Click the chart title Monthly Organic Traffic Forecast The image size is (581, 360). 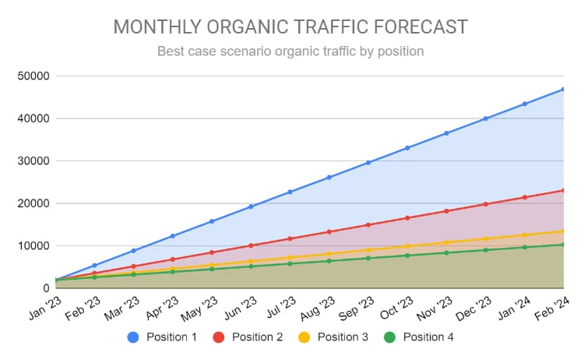coord(290,27)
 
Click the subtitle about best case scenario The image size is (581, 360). coord(290,52)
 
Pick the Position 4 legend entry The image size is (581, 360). coord(421,337)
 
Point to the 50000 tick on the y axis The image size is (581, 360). coord(33,76)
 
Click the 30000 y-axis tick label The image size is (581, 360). coord(33,161)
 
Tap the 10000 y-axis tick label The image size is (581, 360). coord(33,246)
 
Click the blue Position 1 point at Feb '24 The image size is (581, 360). coord(563,89)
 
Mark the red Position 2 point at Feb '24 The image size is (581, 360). coord(563,190)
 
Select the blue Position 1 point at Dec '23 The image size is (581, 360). coord(485,118)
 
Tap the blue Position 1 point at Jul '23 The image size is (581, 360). coord(290,192)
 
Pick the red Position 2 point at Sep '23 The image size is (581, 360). coord(368,224)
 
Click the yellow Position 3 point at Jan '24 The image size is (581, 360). coord(524,235)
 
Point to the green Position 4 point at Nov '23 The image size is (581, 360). coord(446,252)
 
